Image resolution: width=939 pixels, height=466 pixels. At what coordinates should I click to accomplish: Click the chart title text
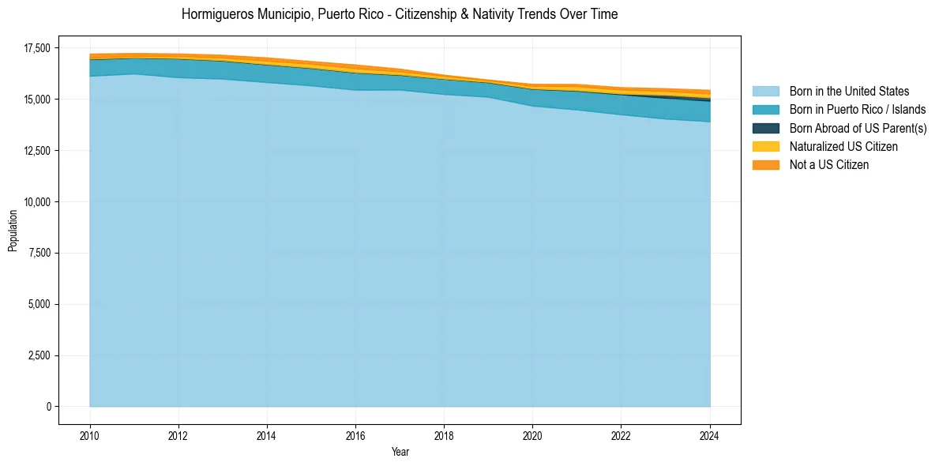tap(400, 14)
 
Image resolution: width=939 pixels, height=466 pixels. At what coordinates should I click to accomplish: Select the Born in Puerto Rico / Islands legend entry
tap(858, 110)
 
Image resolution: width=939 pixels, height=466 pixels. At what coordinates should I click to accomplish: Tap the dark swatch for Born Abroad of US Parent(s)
tap(765, 128)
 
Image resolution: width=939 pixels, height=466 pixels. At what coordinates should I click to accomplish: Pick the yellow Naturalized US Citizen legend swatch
tap(765, 147)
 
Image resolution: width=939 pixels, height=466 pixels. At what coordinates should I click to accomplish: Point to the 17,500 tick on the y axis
tap(37, 48)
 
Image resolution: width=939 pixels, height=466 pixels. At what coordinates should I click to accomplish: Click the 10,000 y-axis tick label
tap(37, 202)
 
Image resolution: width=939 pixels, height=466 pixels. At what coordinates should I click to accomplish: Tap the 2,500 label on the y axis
tap(39, 355)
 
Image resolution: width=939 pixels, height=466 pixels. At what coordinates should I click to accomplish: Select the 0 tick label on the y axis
tap(48, 407)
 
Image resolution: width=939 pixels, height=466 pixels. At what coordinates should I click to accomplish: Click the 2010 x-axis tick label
tap(90, 435)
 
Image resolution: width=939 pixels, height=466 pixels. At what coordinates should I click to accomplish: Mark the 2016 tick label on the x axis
tap(355, 435)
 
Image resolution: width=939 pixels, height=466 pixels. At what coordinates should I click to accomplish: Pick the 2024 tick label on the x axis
tap(710, 435)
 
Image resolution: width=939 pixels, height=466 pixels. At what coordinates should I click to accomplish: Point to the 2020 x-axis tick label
tap(533, 435)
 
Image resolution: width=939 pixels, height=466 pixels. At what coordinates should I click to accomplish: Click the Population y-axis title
tap(13, 231)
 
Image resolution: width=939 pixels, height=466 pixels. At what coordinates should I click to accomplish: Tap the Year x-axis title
tap(400, 452)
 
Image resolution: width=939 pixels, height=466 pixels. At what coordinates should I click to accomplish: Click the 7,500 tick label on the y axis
tap(39, 253)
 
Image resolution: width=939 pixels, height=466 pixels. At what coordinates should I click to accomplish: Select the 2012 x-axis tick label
tap(178, 435)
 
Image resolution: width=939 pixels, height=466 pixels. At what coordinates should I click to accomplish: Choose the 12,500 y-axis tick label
tap(37, 151)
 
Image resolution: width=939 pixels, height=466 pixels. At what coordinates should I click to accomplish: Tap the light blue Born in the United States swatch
tap(765, 92)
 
